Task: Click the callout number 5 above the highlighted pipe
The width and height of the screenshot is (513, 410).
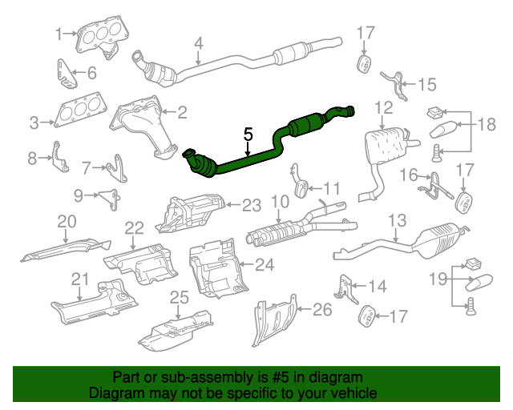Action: coord(248,135)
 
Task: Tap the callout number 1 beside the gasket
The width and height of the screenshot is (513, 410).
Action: coord(59,34)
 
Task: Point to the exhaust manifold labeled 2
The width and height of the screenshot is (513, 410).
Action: coord(143,123)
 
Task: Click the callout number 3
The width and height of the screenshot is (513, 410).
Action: coord(34,123)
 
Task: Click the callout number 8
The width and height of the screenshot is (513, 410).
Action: coord(33,159)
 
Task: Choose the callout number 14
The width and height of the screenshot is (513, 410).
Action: coord(377,285)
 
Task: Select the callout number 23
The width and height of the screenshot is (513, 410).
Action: coord(252,205)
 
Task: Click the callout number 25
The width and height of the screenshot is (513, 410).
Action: coord(180,297)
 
